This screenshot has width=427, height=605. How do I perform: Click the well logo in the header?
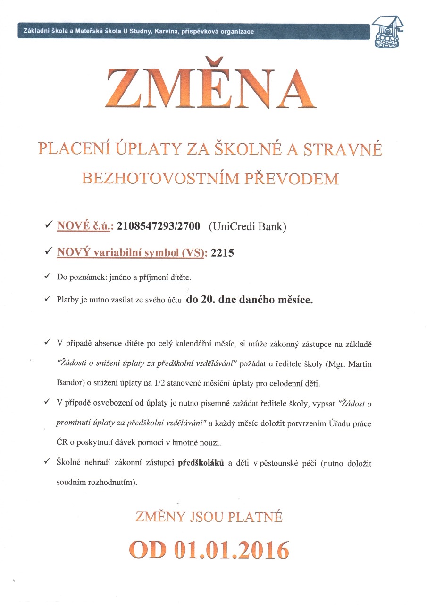[388, 32]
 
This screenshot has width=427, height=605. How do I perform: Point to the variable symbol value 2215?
[223, 253]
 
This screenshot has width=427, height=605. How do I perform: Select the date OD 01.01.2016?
[209, 549]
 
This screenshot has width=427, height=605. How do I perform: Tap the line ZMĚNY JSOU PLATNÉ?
[209, 517]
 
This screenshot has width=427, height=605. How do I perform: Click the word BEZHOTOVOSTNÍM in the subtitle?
[150, 179]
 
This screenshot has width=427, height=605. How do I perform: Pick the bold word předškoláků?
[201, 463]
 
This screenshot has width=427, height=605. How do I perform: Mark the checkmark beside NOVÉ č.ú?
[48, 226]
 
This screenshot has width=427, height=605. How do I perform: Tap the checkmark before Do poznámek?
[48, 276]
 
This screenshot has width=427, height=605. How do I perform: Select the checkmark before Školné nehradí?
[48, 462]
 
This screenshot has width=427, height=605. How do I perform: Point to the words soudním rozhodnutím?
[96, 484]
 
